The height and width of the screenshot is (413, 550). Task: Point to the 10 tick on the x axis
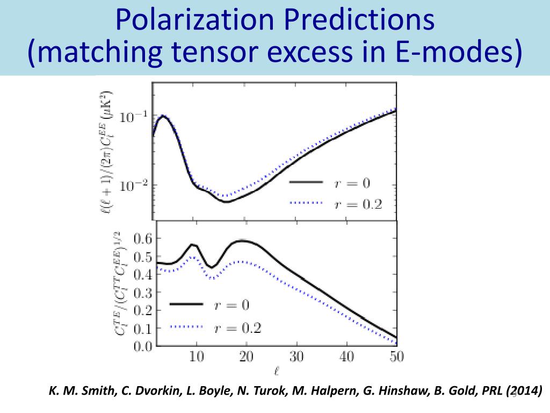[197, 357]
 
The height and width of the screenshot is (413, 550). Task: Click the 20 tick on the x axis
[247, 357]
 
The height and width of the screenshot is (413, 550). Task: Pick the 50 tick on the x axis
[396, 357]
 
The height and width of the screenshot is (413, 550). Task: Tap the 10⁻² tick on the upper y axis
[132, 186]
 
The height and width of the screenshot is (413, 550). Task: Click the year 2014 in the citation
[522, 391]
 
